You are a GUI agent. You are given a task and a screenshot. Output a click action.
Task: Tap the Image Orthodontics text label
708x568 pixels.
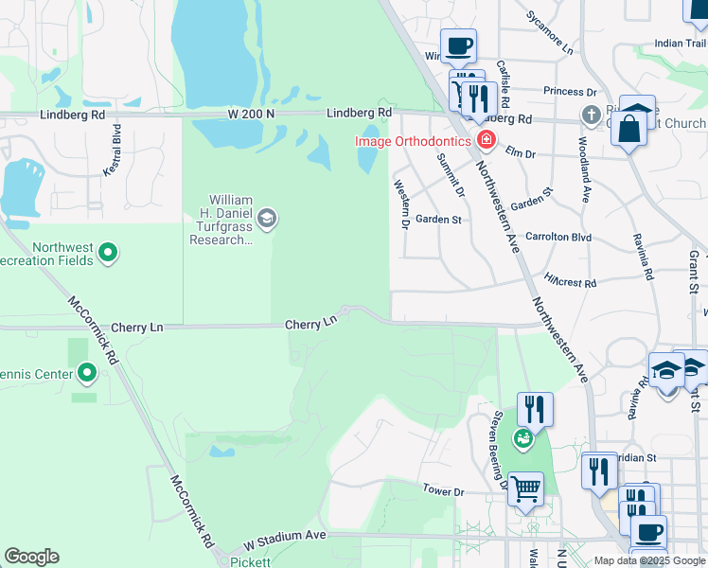pos(413,141)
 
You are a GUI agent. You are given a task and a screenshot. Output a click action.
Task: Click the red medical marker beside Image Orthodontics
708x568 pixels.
pos(487,141)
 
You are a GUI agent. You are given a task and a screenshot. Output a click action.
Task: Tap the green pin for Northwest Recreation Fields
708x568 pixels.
pos(108,253)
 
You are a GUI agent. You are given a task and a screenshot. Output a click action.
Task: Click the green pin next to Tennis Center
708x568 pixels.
pos(87,374)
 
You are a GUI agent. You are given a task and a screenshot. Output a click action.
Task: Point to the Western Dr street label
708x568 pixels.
pos(400,205)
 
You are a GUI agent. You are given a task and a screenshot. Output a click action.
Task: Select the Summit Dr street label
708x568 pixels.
pos(451,174)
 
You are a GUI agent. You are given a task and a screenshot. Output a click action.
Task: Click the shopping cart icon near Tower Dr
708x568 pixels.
pos(526,489)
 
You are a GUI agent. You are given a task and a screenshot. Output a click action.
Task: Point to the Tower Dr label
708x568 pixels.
pos(443,491)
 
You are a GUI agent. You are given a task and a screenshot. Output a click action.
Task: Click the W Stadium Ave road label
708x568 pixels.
pos(284,536)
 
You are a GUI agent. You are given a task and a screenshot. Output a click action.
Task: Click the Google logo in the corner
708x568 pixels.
pos(31,557)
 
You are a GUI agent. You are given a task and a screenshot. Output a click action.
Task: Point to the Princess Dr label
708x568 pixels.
pos(570,92)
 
